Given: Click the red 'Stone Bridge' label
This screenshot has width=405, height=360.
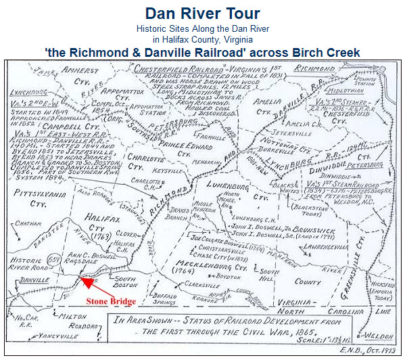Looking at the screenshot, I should [x=112, y=301].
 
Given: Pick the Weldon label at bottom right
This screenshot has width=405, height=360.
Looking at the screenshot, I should [x=383, y=335].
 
